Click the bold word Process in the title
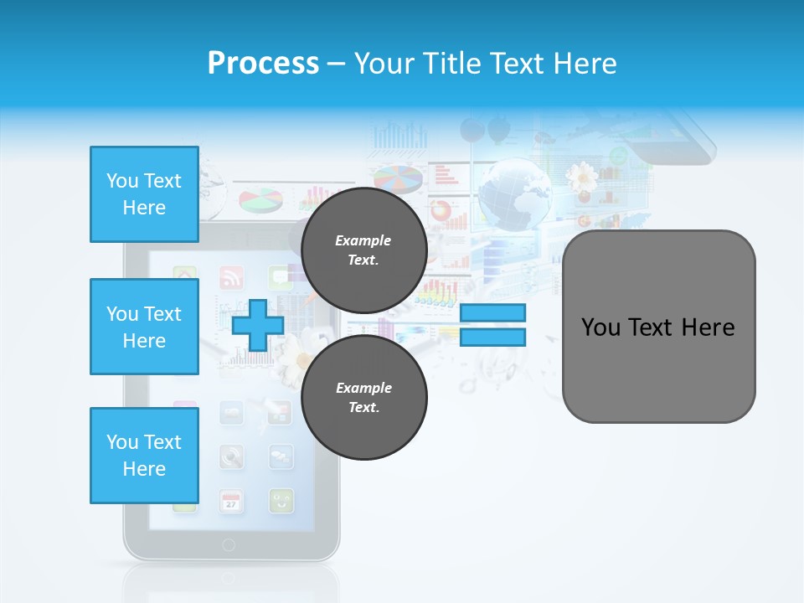pos(263,64)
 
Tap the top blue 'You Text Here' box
pos(144,194)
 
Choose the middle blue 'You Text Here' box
pos(144,327)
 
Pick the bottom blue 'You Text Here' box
pos(144,456)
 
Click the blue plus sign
pos(258,325)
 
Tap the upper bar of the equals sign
pos(492,312)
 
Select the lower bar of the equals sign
pos(492,338)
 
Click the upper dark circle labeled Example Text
pos(363,250)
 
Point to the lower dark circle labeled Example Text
pos(363,397)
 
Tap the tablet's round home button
pos(229,545)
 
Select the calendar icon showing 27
pos(232,502)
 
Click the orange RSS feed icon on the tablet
pos(231,277)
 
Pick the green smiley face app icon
pos(281,501)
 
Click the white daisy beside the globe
pos(581,178)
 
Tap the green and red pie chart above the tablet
pos(260,200)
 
